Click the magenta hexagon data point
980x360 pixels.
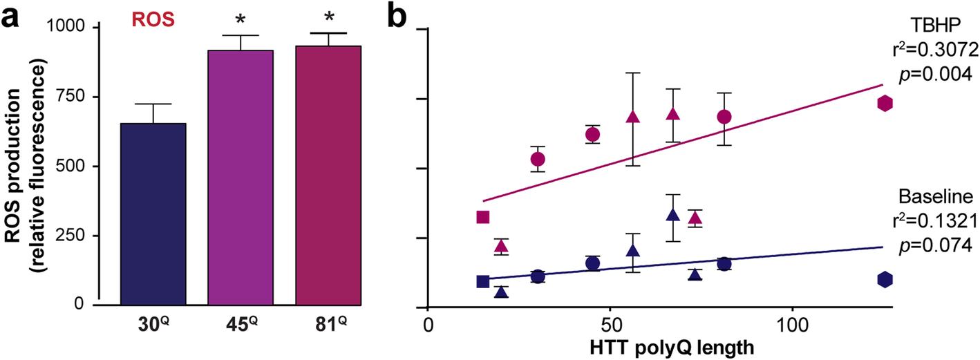click(885, 103)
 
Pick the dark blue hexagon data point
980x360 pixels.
click(885, 279)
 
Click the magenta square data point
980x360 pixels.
click(483, 218)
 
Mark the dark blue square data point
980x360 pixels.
click(483, 281)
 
